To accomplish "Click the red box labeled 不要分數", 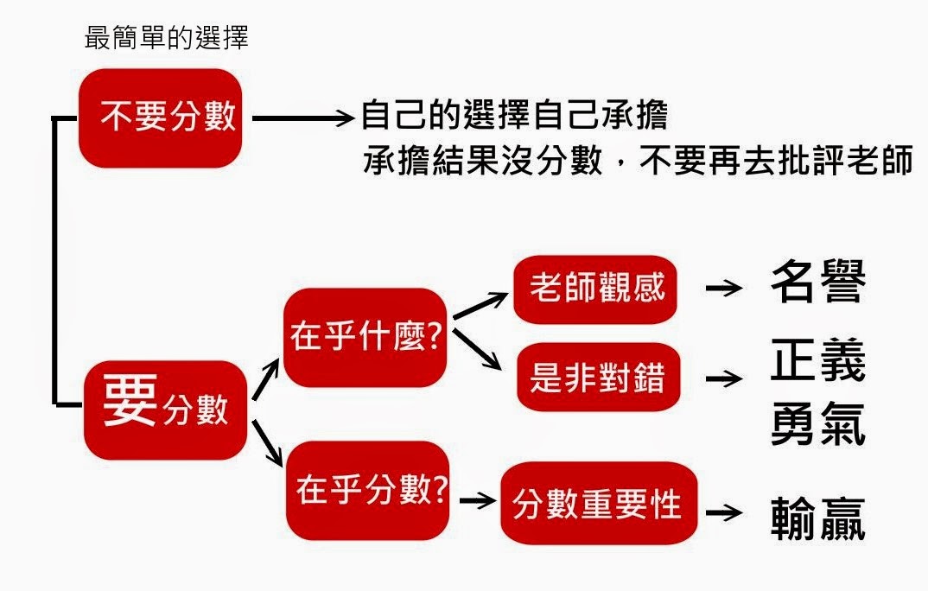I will [x=161, y=118].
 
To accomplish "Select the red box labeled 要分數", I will [x=165, y=409].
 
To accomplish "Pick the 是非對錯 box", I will [x=597, y=378].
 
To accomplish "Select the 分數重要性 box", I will [x=597, y=503].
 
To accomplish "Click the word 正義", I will [x=817, y=363].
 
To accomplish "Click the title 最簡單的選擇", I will [x=167, y=38].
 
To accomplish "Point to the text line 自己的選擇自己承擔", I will [x=514, y=118].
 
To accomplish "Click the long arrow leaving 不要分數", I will [x=302, y=118].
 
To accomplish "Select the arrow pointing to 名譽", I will [x=723, y=289].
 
